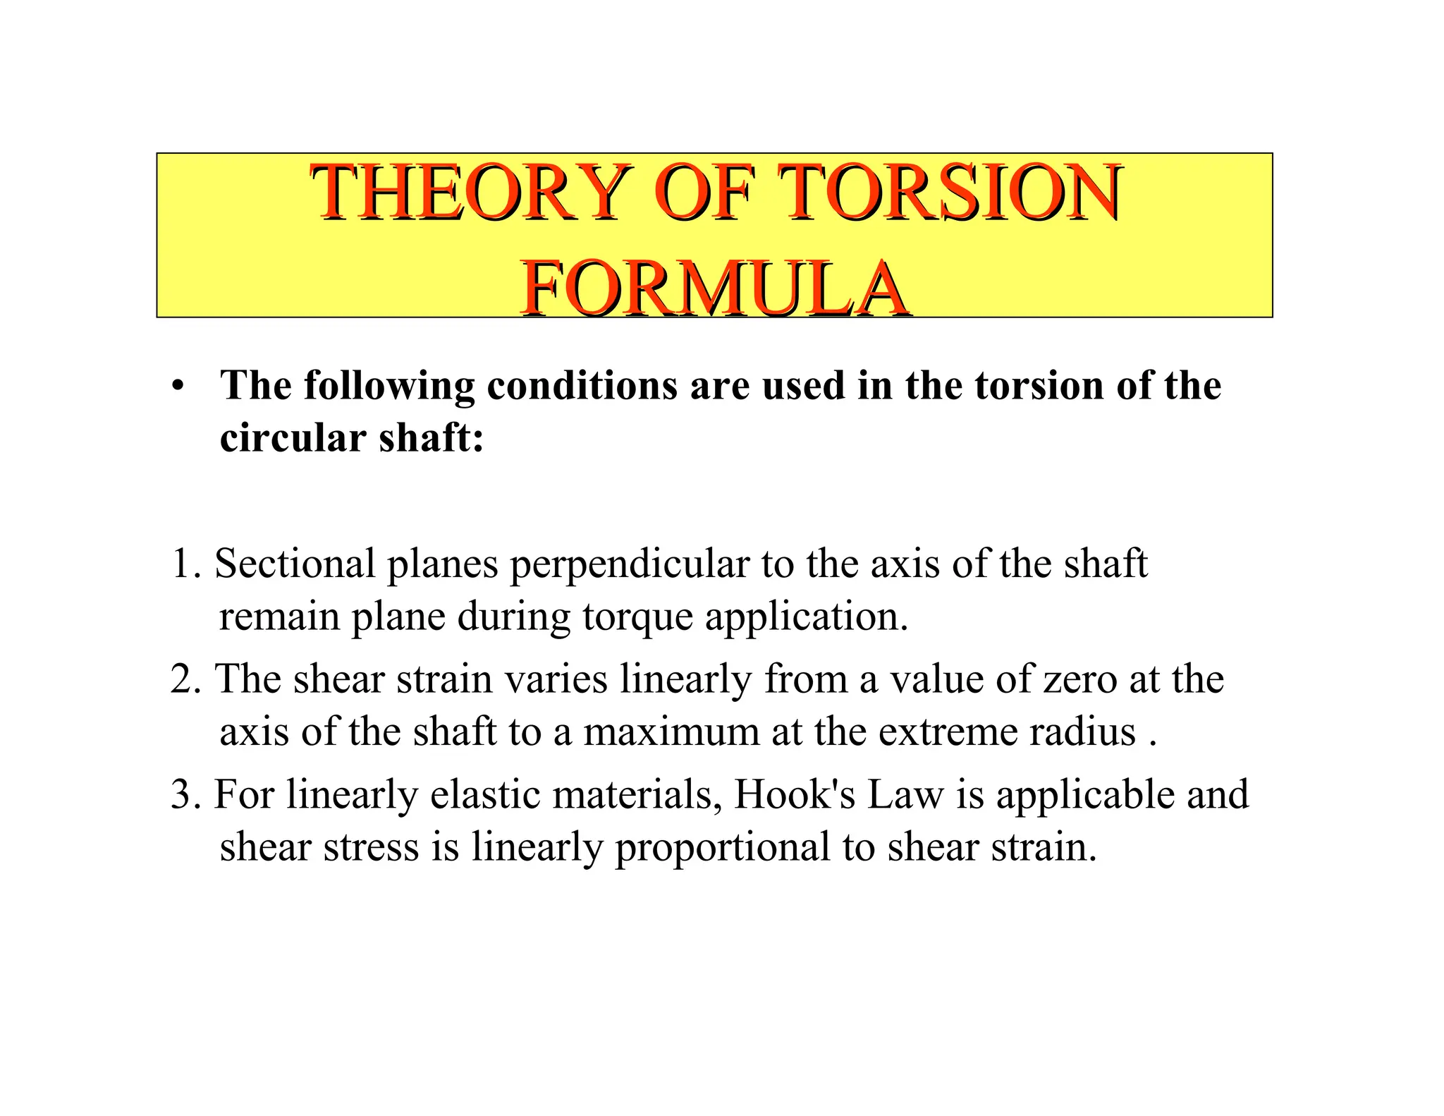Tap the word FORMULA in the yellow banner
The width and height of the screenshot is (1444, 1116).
point(714,289)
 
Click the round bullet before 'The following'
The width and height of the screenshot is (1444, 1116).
point(178,387)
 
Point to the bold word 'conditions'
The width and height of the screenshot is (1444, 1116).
point(582,387)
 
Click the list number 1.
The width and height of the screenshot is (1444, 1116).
point(185,564)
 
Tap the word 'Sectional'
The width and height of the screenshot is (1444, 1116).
point(295,564)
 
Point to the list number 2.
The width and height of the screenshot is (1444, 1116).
point(185,679)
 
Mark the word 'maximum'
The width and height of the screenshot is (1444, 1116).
point(671,732)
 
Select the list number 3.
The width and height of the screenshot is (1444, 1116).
point(185,795)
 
